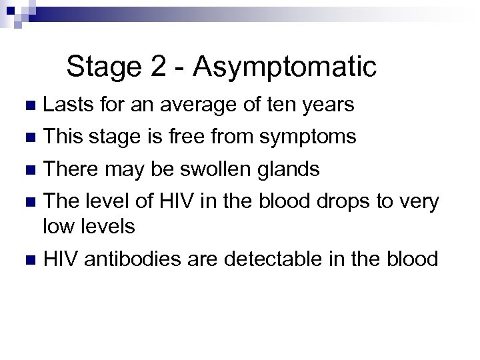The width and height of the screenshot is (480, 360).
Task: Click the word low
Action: [x=59, y=227]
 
